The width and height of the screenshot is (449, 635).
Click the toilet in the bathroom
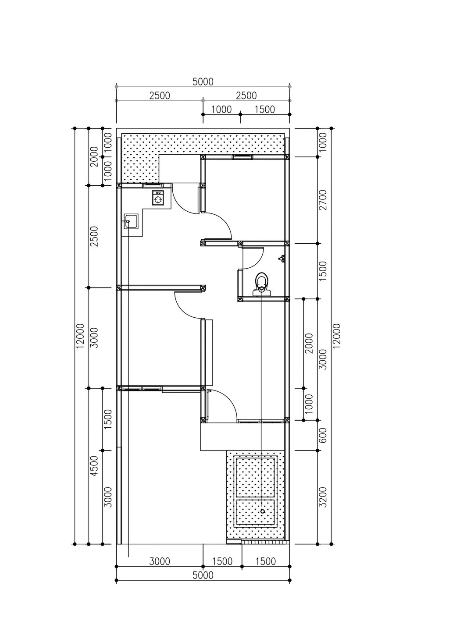point(261,284)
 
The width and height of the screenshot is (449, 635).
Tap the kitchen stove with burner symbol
point(157,198)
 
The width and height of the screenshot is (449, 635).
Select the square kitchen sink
point(131,221)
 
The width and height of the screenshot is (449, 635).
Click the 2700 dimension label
point(323,200)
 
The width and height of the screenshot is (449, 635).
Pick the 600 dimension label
point(323,435)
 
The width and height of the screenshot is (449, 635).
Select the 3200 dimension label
point(323,497)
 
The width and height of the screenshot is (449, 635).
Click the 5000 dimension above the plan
point(203,82)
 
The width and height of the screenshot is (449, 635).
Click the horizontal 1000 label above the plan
point(221,110)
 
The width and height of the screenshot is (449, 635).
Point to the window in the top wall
point(242,157)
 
